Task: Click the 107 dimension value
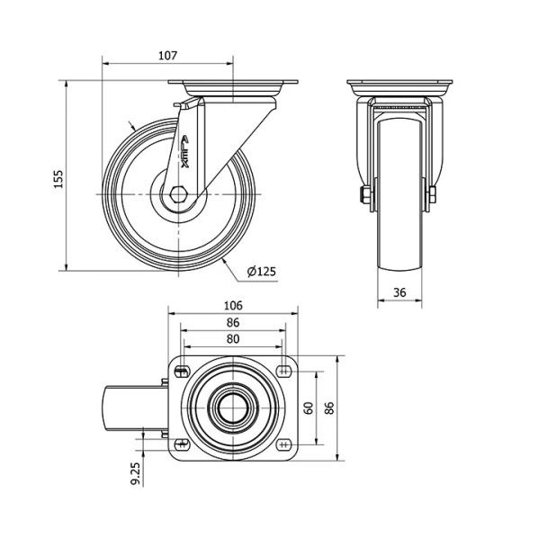pos(167,55)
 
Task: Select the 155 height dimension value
pos(58,178)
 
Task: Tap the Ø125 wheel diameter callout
pos(262,272)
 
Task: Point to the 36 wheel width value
pos(399,292)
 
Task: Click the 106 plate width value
pos(233,305)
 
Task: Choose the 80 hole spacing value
pos(233,339)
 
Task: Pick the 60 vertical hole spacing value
pos(309,408)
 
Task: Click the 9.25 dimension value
pos(136,473)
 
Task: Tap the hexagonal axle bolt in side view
pos(178,194)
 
